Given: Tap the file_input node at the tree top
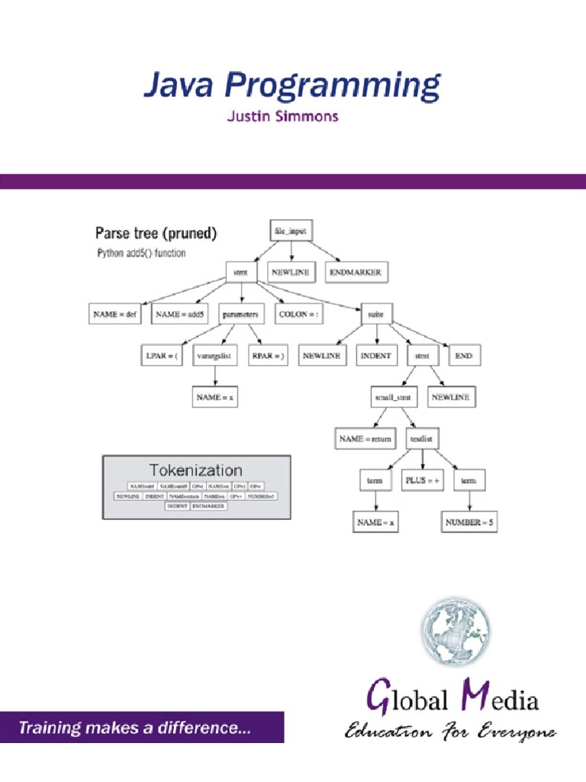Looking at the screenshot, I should [x=290, y=231].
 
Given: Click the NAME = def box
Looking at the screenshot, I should [x=116, y=314].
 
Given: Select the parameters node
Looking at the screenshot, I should [x=240, y=314].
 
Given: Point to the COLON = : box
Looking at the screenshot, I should [x=298, y=314].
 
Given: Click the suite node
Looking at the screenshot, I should [x=375, y=314].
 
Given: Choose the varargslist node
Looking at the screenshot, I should [x=214, y=356].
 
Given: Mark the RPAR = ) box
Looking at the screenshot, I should [x=268, y=356].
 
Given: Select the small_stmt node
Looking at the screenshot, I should [x=392, y=398].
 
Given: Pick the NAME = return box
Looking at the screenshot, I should [x=365, y=439].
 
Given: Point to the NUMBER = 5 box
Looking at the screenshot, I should [x=469, y=522].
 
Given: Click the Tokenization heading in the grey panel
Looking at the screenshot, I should [x=196, y=470].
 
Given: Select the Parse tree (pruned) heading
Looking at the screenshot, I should [x=156, y=234].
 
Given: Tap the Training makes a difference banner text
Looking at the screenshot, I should [x=134, y=729].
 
